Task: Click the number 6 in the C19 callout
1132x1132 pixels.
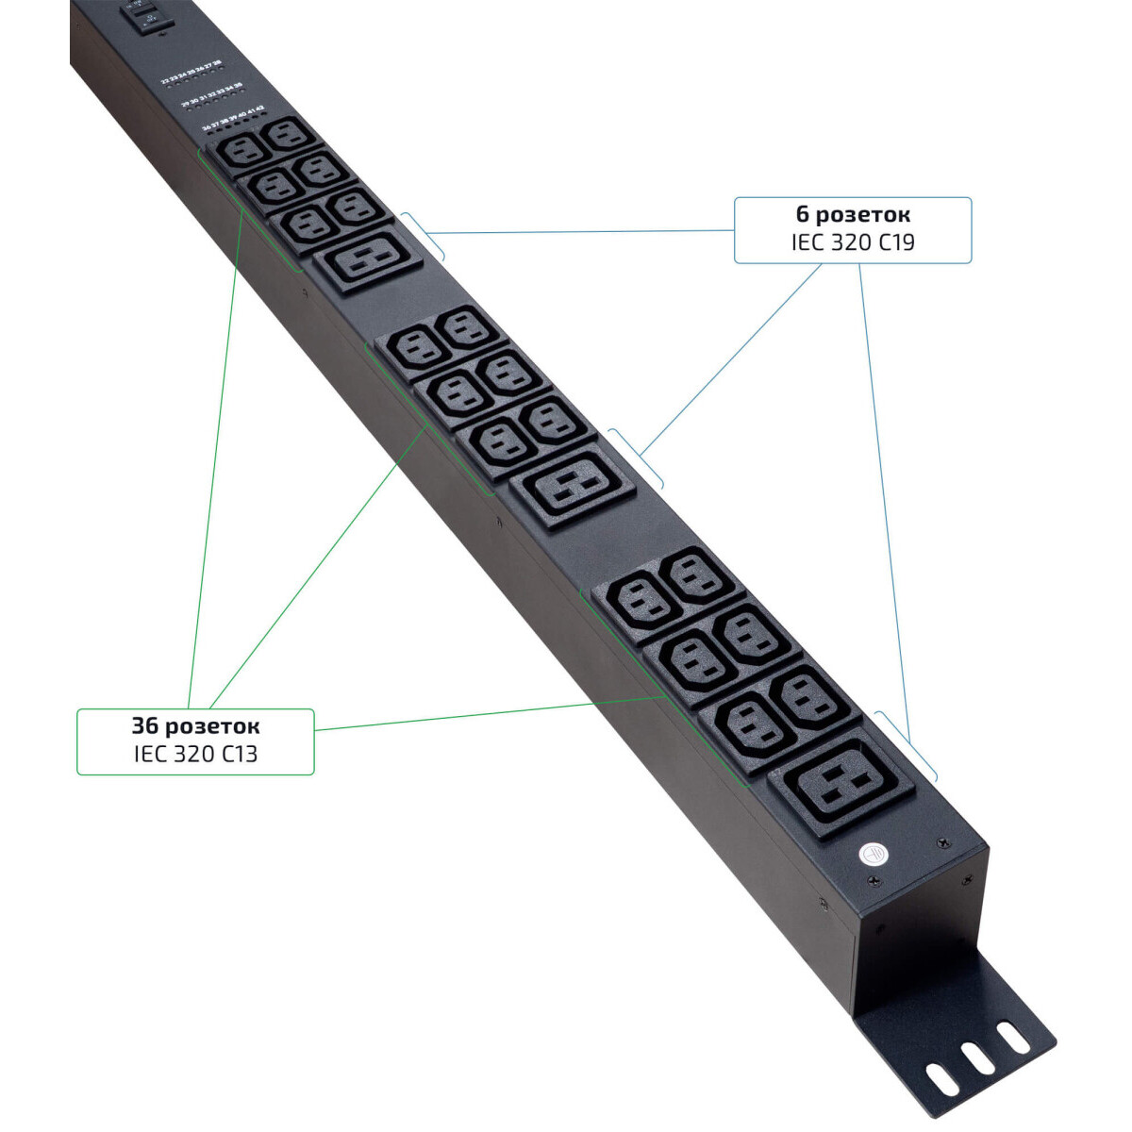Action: (x=803, y=215)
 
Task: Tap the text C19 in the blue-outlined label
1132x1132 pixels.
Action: (x=895, y=242)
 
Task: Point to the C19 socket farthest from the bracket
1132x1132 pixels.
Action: (x=368, y=259)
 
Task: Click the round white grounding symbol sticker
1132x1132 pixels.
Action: (x=874, y=852)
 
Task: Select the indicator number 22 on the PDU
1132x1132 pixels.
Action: (x=164, y=81)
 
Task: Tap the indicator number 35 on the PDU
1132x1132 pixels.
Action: (x=239, y=86)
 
